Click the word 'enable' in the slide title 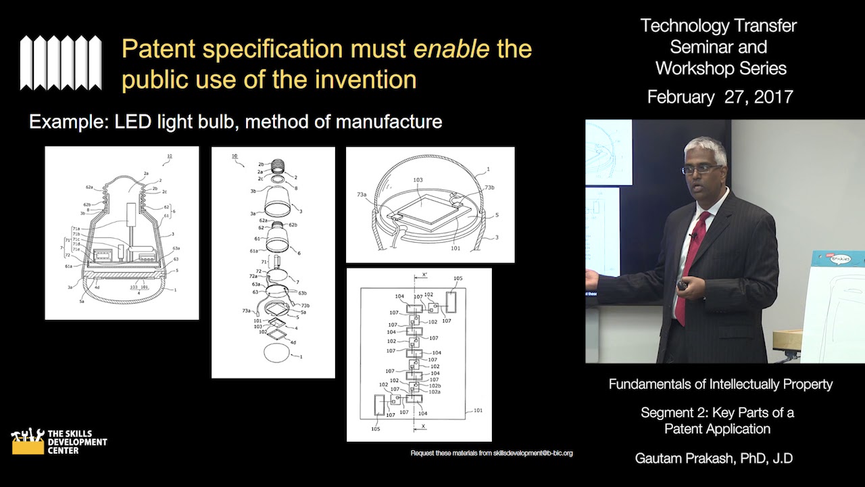pyautogui.click(x=451, y=49)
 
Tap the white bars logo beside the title pyautogui.click(x=61, y=63)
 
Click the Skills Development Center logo pyautogui.click(x=59, y=442)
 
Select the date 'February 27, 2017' pyautogui.click(x=720, y=97)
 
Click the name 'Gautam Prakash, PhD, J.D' pyautogui.click(x=714, y=458)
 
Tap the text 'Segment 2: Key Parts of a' pyautogui.click(x=717, y=413)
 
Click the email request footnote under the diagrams pyautogui.click(x=491, y=453)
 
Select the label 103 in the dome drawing pyautogui.click(x=419, y=181)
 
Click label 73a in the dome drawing pyautogui.click(x=362, y=195)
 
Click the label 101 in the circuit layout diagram pyautogui.click(x=478, y=410)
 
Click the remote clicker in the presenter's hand pyautogui.click(x=683, y=286)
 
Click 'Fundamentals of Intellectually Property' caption pyautogui.click(x=720, y=384)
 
